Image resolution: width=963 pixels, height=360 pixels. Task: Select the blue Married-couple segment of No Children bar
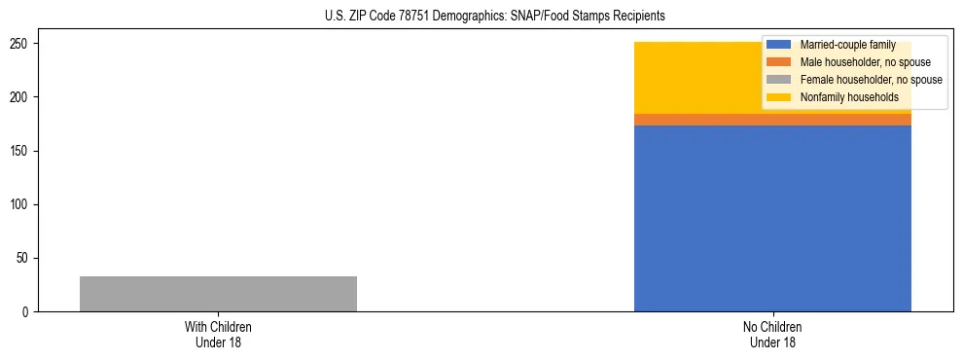pos(772,219)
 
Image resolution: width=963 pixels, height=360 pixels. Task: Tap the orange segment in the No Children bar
pos(700,120)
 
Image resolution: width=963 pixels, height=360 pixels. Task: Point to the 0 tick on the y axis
pos(28,312)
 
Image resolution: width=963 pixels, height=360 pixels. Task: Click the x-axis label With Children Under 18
pos(218,334)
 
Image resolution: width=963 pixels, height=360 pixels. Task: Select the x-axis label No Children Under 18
pos(772,334)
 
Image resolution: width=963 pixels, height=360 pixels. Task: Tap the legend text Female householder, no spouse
pos(871,80)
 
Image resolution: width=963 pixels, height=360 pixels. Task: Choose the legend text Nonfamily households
pos(849,97)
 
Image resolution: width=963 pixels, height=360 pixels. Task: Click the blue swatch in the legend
pos(779,45)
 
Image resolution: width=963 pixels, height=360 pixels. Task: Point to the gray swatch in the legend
pos(779,80)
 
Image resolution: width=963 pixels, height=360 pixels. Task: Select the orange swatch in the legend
pos(779,62)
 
